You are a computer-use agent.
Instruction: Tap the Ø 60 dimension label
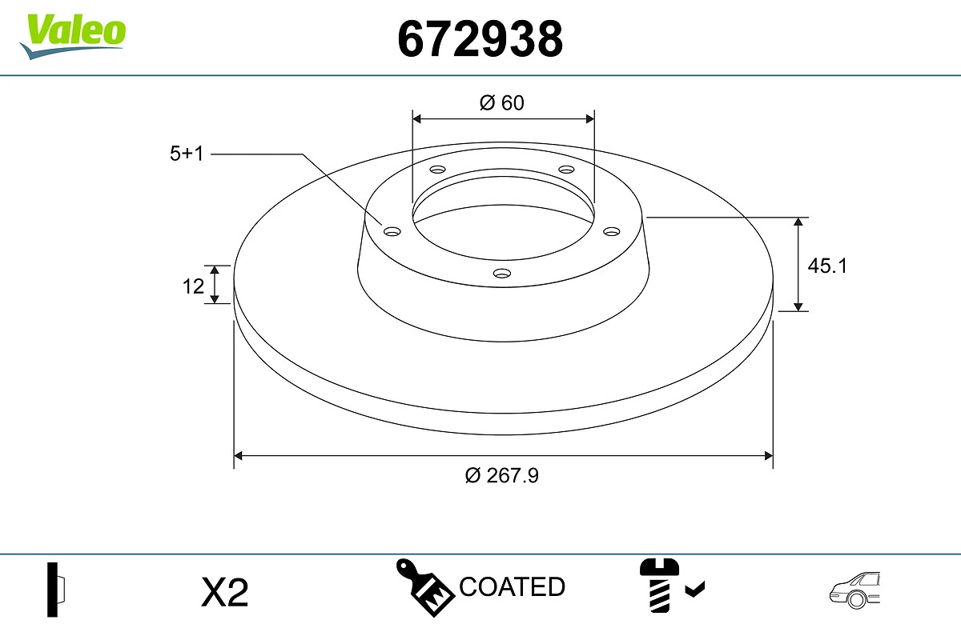tap(502, 102)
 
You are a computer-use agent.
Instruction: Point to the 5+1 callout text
tap(187, 154)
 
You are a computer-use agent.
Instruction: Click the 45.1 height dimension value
tap(826, 266)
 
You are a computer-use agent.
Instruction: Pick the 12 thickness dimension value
tap(193, 286)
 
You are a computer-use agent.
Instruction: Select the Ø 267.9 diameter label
tap(502, 475)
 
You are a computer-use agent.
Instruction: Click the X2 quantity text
tap(225, 593)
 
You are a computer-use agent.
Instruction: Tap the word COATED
tap(512, 587)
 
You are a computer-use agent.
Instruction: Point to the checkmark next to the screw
tap(694, 590)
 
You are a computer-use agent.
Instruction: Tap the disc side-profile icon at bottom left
tap(55, 590)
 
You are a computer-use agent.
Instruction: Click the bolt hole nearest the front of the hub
tap(502, 273)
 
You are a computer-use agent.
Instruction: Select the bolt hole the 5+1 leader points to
tap(392, 231)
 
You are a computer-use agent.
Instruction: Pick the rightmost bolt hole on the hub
tap(612, 231)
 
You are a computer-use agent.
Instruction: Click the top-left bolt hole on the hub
tap(437, 170)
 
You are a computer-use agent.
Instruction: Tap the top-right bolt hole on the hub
tap(566, 170)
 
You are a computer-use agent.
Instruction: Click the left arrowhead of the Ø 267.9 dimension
tap(238, 456)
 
